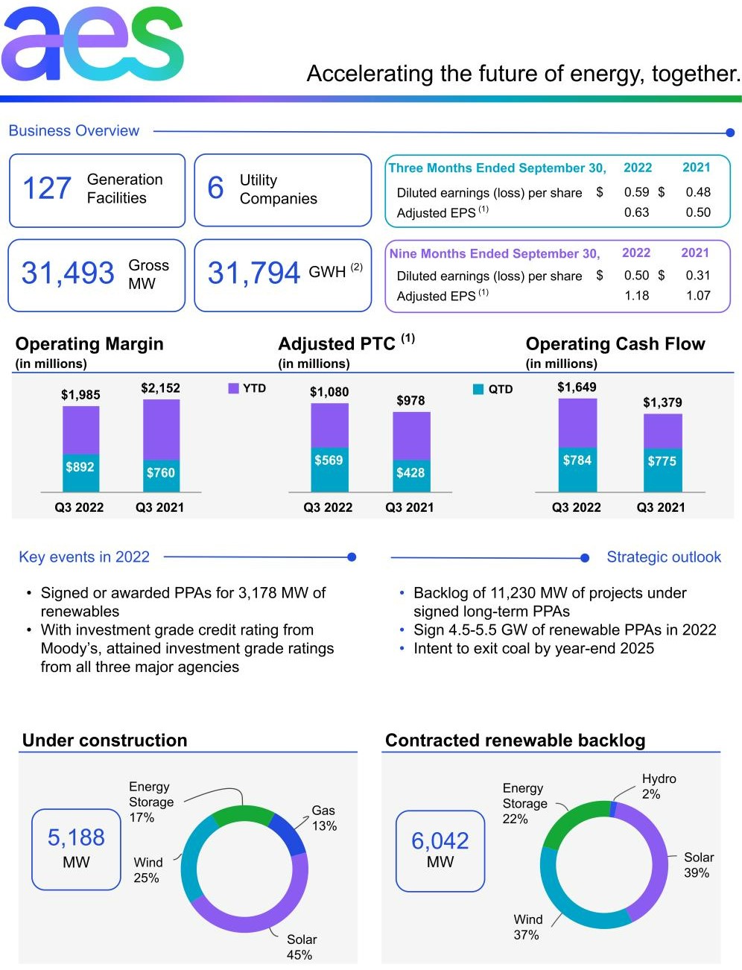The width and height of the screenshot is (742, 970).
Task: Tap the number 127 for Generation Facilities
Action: (47, 188)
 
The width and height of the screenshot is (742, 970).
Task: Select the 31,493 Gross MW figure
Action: (68, 273)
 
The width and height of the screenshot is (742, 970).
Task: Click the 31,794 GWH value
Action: (253, 273)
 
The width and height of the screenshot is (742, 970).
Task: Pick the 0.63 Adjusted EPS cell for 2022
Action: (636, 212)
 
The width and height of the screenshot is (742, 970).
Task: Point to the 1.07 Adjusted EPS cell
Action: (698, 296)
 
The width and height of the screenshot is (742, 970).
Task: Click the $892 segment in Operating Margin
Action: (80, 467)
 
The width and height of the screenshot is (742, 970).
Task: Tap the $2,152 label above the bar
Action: (160, 388)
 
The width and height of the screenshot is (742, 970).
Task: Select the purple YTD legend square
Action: (233, 388)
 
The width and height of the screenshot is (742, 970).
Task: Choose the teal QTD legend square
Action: (478, 389)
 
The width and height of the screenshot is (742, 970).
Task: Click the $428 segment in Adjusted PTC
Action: (410, 473)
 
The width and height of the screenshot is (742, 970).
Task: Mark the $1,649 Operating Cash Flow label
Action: (577, 387)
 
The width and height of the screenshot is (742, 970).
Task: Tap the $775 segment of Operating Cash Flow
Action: (662, 461)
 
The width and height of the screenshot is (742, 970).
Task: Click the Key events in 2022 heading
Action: (84, 557)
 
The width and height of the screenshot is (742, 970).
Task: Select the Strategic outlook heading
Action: (664, 557)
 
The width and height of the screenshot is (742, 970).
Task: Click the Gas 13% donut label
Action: (324, 818)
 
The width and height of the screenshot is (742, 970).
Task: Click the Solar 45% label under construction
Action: (301, 947)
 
